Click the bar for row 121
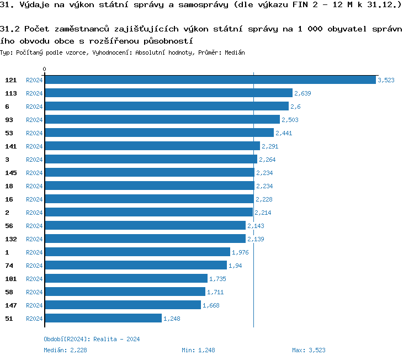pos(210,80)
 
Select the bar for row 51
pos(103,318)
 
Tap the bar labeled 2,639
pos(168,93)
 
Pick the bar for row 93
pos(162,119)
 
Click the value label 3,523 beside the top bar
pos(386,80)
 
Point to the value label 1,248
pos(172,319)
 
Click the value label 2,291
pos(270,146)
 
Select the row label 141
pos(11,146)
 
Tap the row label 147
pos(11,305)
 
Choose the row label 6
pos(7,106)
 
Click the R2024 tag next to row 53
pos(34,133)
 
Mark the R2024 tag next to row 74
pos(34,266)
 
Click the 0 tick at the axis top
pos(45,70)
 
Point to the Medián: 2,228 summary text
pos(65,350)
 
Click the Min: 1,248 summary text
pos(198,350)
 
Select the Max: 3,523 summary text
pos(309,350)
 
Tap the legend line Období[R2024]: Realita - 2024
pos(92,339)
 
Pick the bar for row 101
pos(126,278)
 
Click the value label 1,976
pos(241,252)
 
